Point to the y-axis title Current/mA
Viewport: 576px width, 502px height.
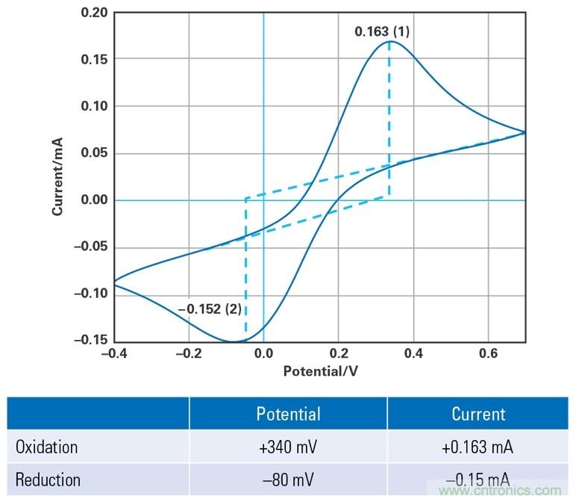[57, 176]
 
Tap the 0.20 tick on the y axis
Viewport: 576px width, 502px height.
[95, 13]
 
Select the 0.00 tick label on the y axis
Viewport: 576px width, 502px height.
[95, 200]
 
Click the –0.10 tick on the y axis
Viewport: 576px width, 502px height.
[92, 294]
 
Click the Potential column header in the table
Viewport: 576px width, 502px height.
[288, 414]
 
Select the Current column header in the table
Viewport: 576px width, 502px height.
[478, 414]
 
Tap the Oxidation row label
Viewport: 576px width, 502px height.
[47, 447]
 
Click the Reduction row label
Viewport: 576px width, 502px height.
[48, 479]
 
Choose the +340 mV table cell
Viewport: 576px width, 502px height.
[288, 447]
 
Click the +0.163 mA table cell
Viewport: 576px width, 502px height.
[478, 447]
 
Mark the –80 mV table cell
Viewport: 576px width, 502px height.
[288, 479]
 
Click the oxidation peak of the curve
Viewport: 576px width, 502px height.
[389, 42]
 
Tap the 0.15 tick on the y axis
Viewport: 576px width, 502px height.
[95, 59]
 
